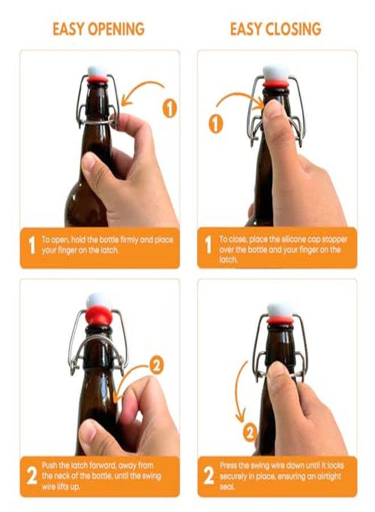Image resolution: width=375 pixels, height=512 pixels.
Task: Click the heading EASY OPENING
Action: [x=98, y=28]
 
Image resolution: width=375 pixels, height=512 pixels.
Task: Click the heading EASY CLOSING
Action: [x=276, y=28]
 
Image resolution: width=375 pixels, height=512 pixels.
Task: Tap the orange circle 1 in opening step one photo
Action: [x=169, y=108]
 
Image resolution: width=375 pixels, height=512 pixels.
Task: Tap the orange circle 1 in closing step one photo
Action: [x=215, y=123]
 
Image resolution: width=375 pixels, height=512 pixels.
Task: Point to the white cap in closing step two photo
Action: [x=280, y=310]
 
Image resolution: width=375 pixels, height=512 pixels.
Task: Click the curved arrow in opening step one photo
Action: [x=142, y=91]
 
